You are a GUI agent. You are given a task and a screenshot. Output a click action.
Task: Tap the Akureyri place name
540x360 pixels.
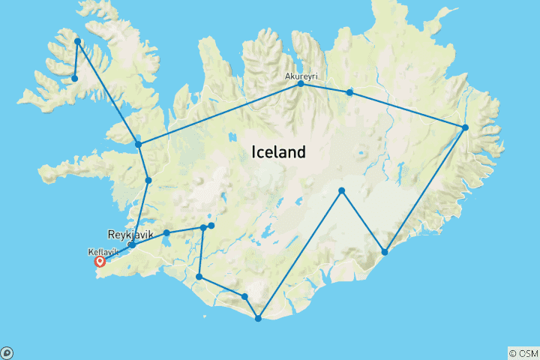(x=300, y=76)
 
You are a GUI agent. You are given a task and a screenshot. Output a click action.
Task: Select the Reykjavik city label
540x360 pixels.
(x=130, y=235)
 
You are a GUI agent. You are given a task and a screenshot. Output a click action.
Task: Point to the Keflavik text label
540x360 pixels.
(x=103, y=252)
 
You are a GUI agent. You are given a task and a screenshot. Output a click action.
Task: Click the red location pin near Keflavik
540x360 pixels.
(x=99, y=262)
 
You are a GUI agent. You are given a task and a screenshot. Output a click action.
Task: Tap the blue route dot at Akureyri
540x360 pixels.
(x=301, y=84)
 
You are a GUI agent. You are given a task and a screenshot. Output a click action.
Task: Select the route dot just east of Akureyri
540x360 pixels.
(x=349, y=92)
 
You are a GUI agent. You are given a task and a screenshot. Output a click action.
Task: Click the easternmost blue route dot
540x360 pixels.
(x=466, y=127)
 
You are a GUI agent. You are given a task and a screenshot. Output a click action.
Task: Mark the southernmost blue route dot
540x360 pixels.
(x=258, y=319)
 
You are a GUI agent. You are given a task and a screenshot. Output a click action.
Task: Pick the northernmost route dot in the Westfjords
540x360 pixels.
(x=77, y=41)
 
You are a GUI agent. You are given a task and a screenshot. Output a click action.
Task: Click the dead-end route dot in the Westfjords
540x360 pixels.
(x=74, y=78)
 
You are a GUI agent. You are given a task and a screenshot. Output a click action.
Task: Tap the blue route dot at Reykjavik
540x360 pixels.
(x=131, y=245)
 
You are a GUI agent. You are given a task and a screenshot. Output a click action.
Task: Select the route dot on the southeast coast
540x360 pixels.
(x=385, y=252)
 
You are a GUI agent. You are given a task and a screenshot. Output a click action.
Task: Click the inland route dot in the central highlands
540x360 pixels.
(x=341, y=190)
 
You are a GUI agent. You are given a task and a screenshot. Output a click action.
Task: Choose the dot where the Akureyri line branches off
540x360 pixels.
(x=138, y=144)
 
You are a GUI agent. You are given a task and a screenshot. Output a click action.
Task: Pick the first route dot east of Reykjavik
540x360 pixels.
(x=166, y=233)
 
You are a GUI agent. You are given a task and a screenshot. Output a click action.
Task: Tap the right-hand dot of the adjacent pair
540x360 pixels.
(x=211, y=226)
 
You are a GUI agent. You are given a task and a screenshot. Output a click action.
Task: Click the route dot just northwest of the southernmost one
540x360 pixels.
(x=244, y=297)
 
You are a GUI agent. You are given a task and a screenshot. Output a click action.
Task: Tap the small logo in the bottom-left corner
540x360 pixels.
(x=6, y=353)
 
